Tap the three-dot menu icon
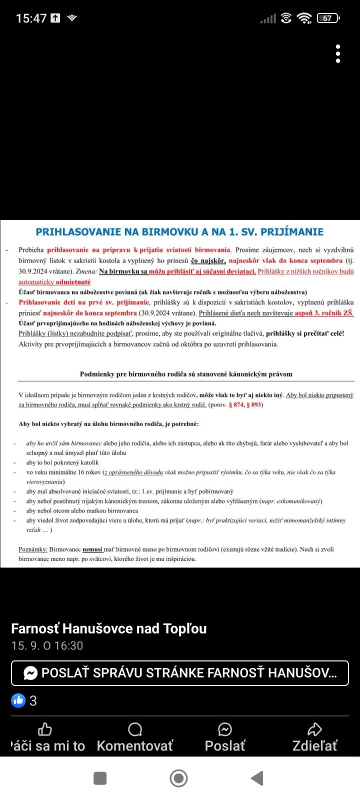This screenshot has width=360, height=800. click(x=338, y=53)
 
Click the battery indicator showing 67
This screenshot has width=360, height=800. click(x=328, y=18)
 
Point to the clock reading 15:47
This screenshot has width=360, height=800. click(x=31, y=18)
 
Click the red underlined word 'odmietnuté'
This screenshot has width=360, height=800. click(x=73, y=282)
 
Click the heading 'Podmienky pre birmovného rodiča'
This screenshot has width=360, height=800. click(x=185, y=374)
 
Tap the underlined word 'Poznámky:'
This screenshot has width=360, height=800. click(x=33, y=549)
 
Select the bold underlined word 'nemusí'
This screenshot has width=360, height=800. click(x=92, y=549)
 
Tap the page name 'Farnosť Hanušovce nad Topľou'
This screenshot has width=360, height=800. click(x=109, y=628)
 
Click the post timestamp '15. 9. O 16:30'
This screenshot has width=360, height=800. click(x=47, y=645)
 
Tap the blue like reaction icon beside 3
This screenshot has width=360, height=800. click(x=18, y=700)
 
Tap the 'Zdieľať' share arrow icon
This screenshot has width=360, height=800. click(x=314, y=729)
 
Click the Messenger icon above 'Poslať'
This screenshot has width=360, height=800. click(x=225, y=729)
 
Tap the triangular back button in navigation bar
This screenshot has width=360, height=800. click(x=257, y=778)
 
